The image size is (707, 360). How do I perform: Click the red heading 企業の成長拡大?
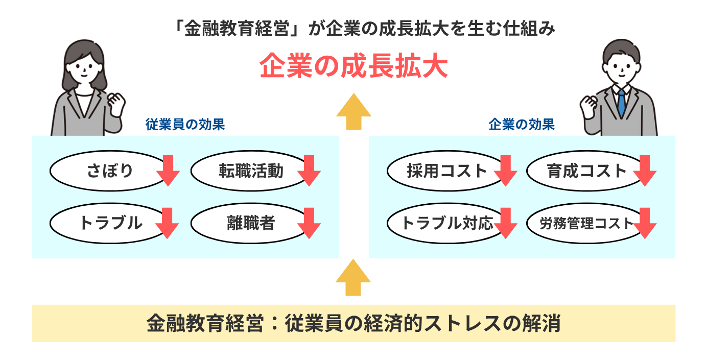click(353, 67)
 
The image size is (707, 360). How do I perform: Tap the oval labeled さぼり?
click(105, 171)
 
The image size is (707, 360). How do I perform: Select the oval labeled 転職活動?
click(247, 171)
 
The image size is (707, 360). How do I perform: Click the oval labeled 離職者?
click(247, 223)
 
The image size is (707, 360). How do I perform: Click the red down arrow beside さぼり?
click(168, 171)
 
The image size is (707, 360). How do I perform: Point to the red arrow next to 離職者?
click(309, 223)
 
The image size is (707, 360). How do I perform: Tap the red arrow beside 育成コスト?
click(645, 171)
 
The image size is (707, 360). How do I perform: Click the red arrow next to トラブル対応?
click(505, 223)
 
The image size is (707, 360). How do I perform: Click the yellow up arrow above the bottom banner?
click(353, 278)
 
